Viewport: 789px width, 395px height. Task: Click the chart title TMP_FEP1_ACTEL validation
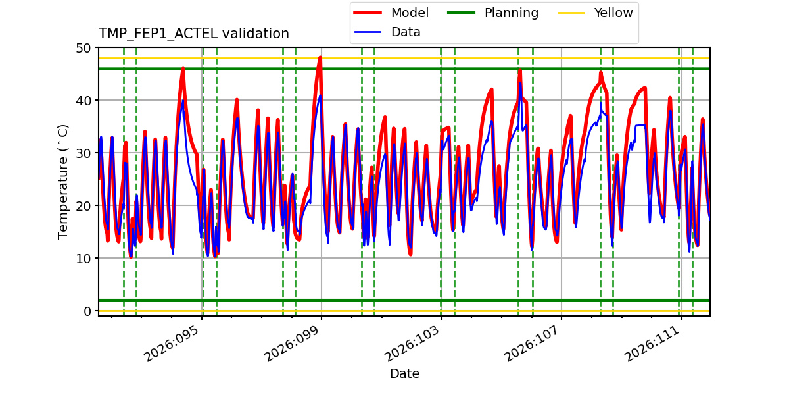coord(193,34)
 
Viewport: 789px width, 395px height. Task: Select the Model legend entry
coord(409,13)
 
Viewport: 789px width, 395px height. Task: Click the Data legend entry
coord(406,32)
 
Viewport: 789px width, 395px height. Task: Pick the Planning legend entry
coord(511,13)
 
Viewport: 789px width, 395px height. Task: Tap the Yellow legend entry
coord(613,13)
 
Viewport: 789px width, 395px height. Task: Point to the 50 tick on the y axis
coord(84,48)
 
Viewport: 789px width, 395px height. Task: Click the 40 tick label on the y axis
coord(84,101)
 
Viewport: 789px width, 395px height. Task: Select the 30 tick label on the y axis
coord(84,153)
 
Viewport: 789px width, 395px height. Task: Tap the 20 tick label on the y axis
coord(84,206)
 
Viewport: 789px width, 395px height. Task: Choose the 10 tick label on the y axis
coord(84,259)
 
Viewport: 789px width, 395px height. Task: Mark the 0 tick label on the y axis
coord(87,311)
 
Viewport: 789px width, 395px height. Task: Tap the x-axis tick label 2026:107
coord(533,344)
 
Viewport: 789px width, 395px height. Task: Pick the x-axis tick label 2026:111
coord(654,344)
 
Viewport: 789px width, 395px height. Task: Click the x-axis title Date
coord(404,374)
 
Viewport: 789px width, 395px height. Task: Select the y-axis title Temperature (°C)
coord(64,181)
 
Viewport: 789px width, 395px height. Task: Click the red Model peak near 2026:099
coord(320,57)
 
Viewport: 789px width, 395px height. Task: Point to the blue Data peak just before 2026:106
coord(520,83)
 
